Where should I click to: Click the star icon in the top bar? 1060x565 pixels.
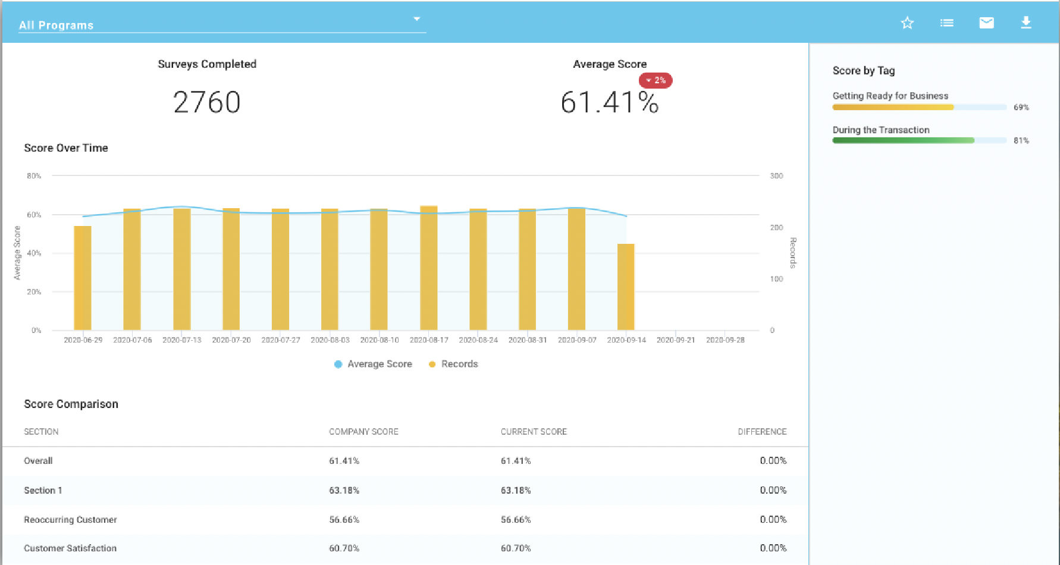pyautogui.click(x=907, y=23)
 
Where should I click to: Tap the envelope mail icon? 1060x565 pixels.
pyautogui.click(x=986, y=23)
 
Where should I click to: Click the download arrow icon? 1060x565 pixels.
pyautogui.click(x=1026, y=23)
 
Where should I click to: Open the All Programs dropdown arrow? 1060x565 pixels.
pyautogui.click(x=417, y=19)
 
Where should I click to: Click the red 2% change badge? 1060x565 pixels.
pyautogui.click(x=656, y=80)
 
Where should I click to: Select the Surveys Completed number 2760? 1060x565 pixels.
pyautogui.click(x=207, y=102)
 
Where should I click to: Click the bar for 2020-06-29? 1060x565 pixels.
pyautogui.click(x=83, y=278)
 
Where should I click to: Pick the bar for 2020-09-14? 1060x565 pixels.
pyautogui.click(x=626, y=287)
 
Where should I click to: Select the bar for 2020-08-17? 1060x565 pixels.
pyautogui.click(x=428, y=268)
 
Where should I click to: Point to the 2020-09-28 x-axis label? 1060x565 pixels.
pyautogui.click(x=725, y=340)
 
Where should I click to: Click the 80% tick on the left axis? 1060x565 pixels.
pyautogui.click(x=34, y=176)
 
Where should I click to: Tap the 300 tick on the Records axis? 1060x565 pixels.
pyautogui.click(x=776, y=176)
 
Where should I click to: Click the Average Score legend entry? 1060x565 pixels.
pyautogui.click(x=374, y=364)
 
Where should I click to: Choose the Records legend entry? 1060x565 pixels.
pyautogui.click(x=453, y=364)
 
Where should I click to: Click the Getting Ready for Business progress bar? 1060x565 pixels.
pyautogui.click(x=920, y=108)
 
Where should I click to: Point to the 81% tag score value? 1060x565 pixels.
pyautogui.click(x=1021, y=141)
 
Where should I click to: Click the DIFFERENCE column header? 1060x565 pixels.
pyautogui.click(x=762, y=432)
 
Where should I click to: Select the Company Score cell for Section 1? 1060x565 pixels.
pyautogui.click(x=344, y=491)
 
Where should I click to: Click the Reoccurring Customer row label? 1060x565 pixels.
pyautogui.click(x=70, y=520)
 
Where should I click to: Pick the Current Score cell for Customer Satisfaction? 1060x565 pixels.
pyautogui.click(x=516, y=548)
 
